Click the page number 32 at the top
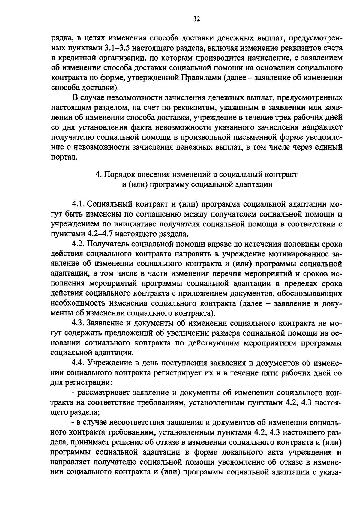click(x=196, y=19)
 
